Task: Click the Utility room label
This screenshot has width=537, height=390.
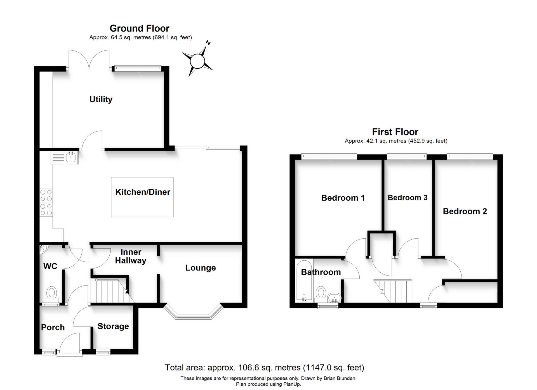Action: point(101,99)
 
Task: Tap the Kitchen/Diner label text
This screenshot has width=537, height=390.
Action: point(143,192)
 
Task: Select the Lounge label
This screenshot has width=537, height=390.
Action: point(201,268)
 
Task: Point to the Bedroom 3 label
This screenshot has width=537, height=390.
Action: point(408,198)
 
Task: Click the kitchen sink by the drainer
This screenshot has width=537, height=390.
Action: point(71,157)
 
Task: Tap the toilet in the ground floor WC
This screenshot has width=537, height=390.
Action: point(51,295)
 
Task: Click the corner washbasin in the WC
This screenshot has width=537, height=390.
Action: point(43,249)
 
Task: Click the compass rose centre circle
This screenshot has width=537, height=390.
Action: point(197,61)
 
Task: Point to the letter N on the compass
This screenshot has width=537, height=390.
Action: point(208,43)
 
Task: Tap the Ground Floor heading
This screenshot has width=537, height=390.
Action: point(140,28)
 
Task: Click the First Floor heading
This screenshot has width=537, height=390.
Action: point(395,132)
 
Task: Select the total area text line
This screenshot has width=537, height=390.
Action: point(265,368)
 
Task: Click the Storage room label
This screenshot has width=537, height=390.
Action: point(113,326)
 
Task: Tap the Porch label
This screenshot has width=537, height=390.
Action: point(53,327)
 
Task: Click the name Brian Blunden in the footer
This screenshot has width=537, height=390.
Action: point(340,379)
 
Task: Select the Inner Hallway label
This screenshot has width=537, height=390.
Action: point(131,256)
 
